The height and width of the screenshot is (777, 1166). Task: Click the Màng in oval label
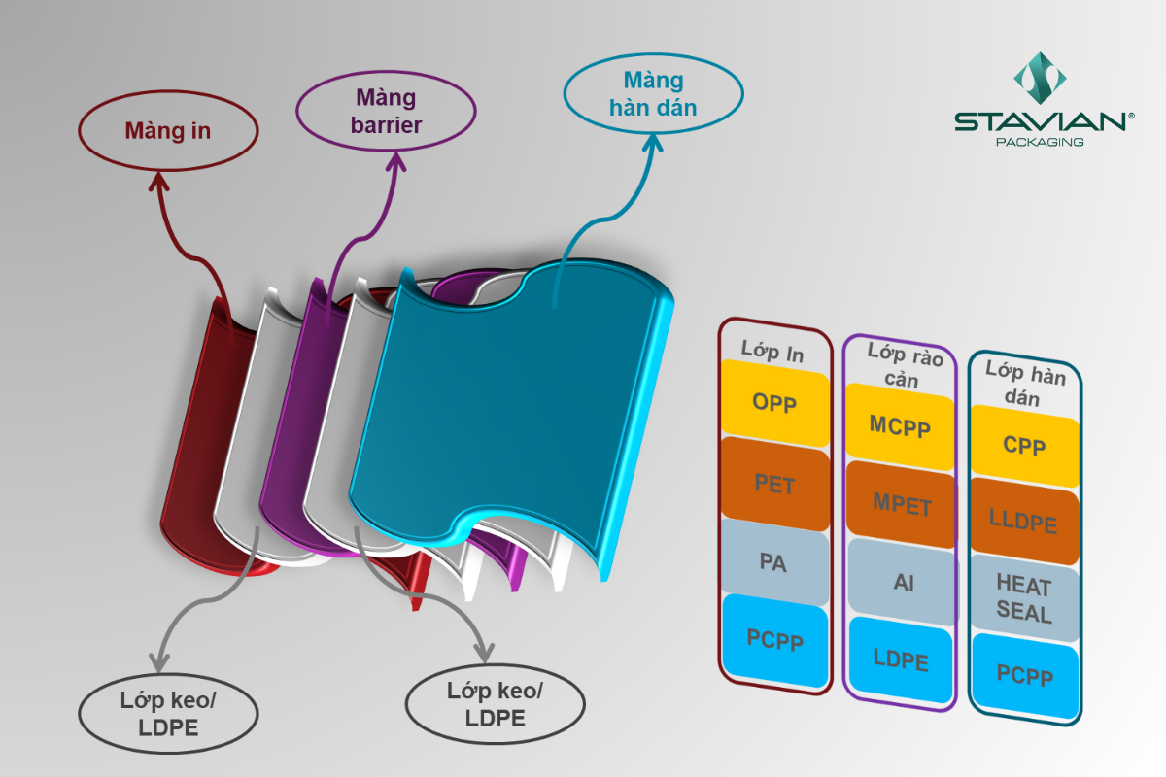[168, 131]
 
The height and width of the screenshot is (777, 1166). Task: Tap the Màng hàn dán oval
[653, 94]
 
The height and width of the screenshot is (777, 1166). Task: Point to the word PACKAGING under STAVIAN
[1041, 142]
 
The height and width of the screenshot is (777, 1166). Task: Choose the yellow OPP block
[774, 402]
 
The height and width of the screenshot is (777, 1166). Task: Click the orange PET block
[774, 483]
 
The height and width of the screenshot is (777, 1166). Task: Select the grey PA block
[774, 561]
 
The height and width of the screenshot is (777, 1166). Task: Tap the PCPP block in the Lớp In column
[774, 638]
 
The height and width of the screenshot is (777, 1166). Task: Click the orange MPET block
[901, 505]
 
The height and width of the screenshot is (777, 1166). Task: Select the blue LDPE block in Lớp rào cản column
[901, 660]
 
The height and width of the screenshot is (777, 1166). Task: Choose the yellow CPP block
[1024, 446]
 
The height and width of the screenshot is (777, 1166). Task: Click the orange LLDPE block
[1024, 522]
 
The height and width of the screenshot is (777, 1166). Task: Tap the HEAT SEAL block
[1024, 598]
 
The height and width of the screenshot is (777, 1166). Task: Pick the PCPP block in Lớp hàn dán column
[1024, 675]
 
